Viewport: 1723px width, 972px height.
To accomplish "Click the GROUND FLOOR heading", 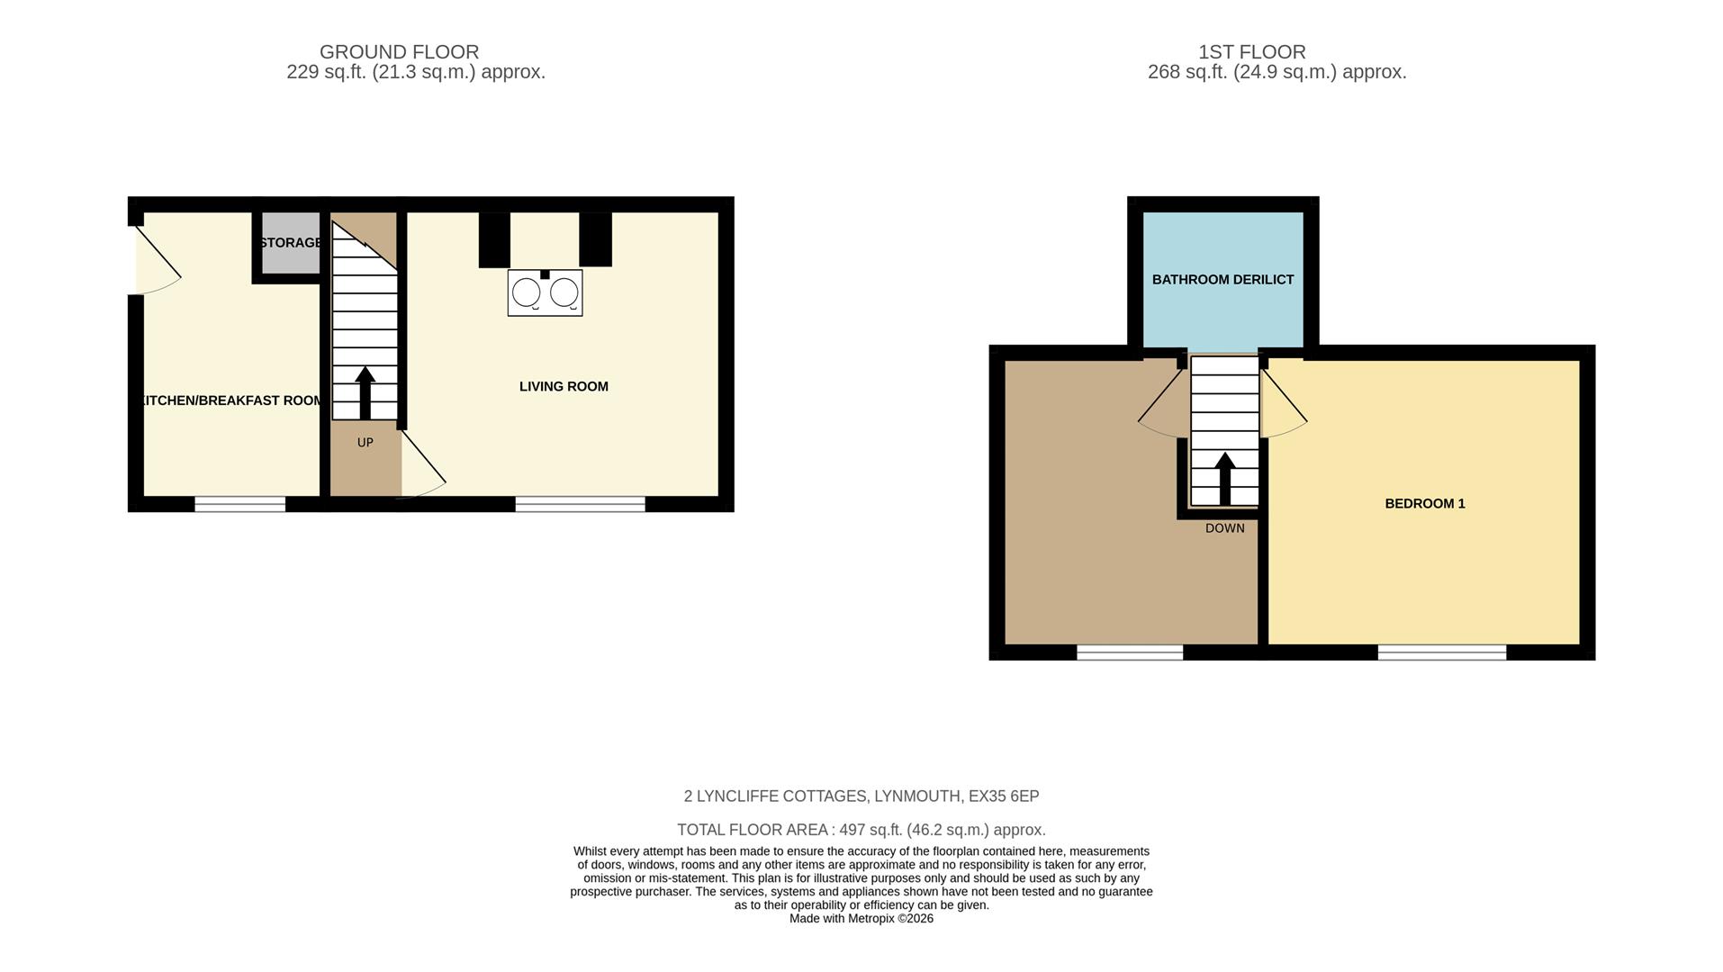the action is tap(399, 52).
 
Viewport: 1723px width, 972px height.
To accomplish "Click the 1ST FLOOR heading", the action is tap(1251, 52).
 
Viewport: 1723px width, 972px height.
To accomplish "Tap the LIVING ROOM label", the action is tap(564, 387).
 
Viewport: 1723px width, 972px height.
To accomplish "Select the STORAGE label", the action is tap(291, 243).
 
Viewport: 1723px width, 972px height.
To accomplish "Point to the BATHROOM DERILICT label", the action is tap(1222, 280).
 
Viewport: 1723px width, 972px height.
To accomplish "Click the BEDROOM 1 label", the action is tap(1425, 504).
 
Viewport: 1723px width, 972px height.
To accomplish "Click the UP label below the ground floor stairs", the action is tap(365, 443).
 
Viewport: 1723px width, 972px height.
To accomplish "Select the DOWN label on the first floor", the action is tap(1225, 528).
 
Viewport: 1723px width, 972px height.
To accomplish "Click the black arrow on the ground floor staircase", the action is tap(365, 392).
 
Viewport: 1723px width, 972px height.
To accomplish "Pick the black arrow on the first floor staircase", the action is tap(1224, 478).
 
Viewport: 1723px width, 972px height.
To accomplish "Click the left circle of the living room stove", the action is tap(527, 293).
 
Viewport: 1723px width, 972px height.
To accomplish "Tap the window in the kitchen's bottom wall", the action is tap(240, 504).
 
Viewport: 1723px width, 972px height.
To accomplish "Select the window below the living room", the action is tap(580, 504).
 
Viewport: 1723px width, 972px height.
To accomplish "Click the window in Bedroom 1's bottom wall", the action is tap(1441, 652).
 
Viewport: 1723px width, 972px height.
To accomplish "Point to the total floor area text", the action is tap(861, 830).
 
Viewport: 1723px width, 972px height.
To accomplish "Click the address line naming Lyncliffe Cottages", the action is tap(861, 796).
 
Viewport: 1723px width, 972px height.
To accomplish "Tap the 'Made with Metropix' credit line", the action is tap(861, 919).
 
